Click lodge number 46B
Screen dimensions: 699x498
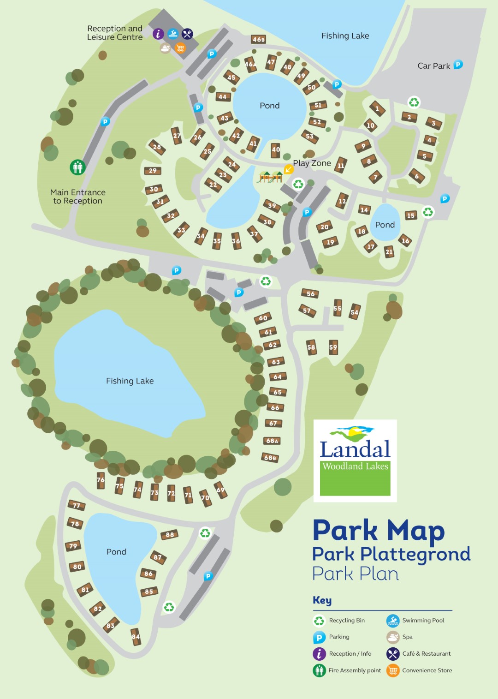pyautogui.click(x=259, y=40)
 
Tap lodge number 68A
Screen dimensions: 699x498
pyautogui.click(x=272, y=441)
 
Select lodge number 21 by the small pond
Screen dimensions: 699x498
pyautogui.click(x=389, y=251)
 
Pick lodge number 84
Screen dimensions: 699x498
pyautogui.click(x=136, y=637)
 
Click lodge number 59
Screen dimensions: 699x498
pyautogui.click(x=333, y=347)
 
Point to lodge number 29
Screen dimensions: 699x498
pyautogui.click(x=152, y=171)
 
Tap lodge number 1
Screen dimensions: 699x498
pyautogui.click(x=377, y=109)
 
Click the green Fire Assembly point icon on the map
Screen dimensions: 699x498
pyautogui.click(x=77, y=167)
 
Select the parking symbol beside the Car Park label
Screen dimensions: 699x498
pyautogui.click(x=458, y=65)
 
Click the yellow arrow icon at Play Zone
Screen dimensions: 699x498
pyautogui.click(x=289, y=169)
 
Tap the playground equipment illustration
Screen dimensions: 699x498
pyautogui.click(x=270, y=177)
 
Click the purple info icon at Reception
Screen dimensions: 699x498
pyautogui.click(x=158, y=34)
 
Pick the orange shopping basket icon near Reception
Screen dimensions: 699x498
pyautogui.click(x=180, y=48)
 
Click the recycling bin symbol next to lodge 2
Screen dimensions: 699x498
pyautogui.click(x=414, y=102)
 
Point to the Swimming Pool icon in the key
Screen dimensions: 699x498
pyautogui.click(x=392, y=621)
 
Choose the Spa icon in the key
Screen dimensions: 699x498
pyautogui.click(x=392, y=637)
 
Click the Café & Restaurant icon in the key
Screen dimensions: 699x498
pyautogui.click(x=392, y=654)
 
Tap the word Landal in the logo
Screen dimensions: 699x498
pyautogui.click(x=355, y=449)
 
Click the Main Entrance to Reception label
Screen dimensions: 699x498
pyautogui.click(x=77, y=197)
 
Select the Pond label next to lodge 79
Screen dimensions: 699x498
pyautogui.click(x=116, y=552)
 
